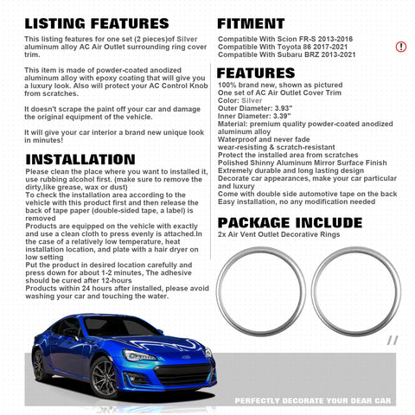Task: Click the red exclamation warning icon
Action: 401,46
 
